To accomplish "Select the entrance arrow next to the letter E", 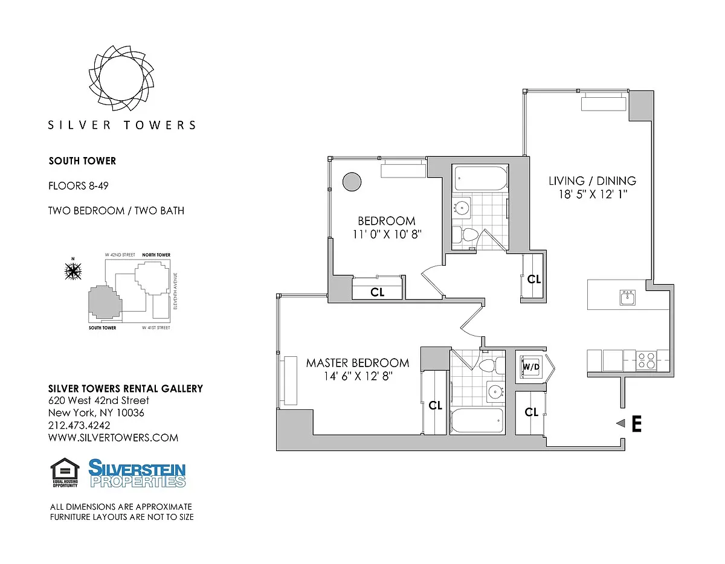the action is coord(620,423).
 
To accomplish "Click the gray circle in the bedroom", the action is coord(352,182).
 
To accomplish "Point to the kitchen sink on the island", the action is coord(628,297).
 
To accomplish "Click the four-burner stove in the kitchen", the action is coord(646,361).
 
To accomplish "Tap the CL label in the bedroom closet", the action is coord(378,292).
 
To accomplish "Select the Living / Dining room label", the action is coord(593,181).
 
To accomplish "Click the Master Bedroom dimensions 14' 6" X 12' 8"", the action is coord(358,376).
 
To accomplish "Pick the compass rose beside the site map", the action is coord(73,271).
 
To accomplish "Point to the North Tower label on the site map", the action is coord(156,255).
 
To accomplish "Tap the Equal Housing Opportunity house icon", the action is coord(65,472).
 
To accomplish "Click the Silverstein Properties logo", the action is coord(137,473).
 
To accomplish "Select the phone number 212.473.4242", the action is coord(79,425).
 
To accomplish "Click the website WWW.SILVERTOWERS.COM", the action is coord(113,438).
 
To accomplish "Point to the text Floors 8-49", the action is coord(79,185).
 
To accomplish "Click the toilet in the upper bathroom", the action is coord(465,235).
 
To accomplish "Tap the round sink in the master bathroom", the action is coord(495,391).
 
